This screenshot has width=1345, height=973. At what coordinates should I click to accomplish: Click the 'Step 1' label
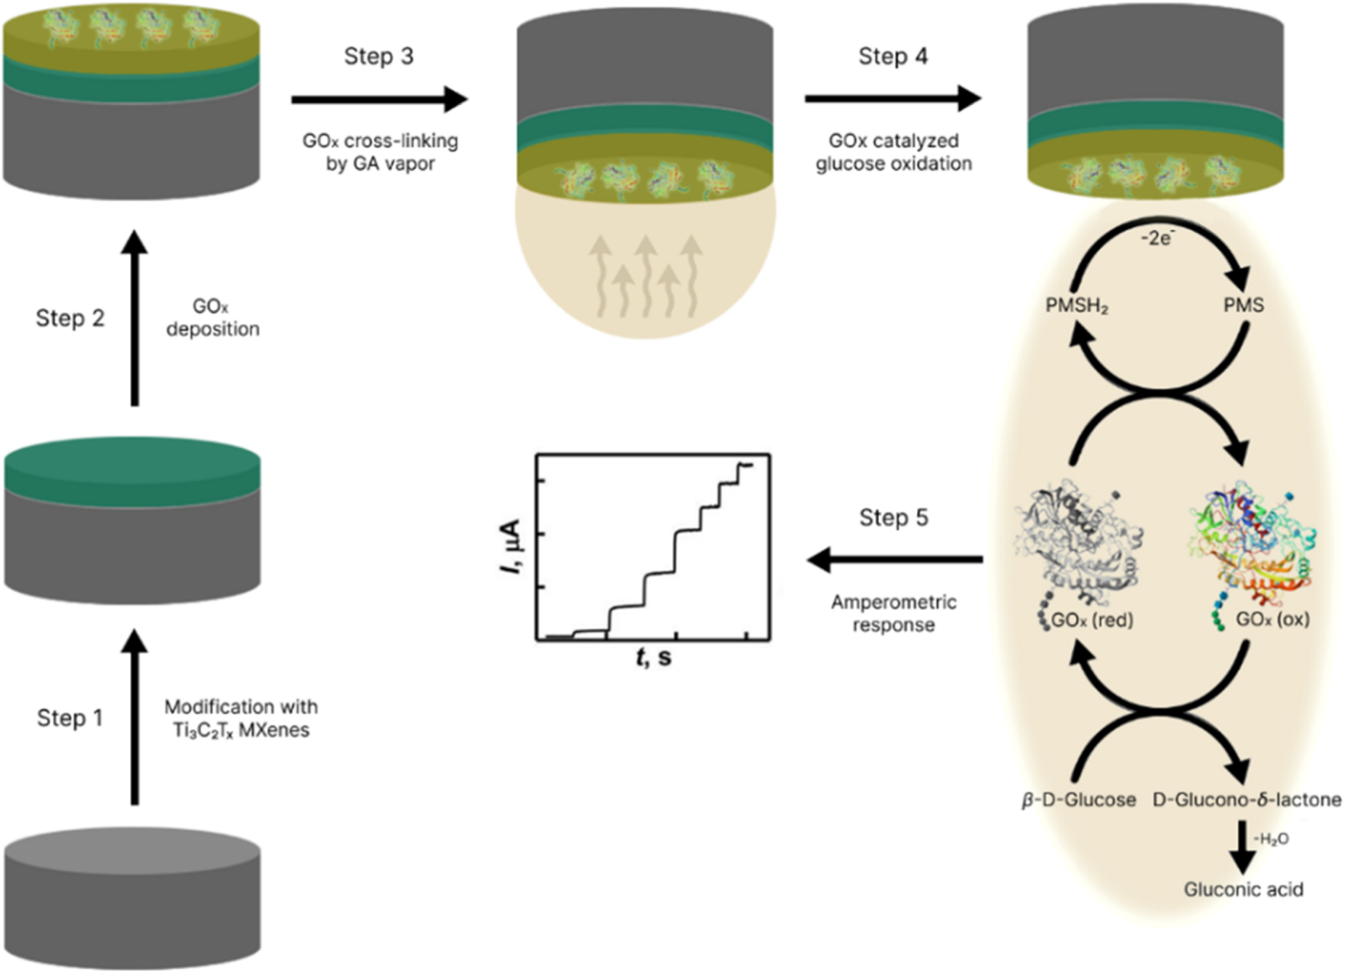tap(70, 718)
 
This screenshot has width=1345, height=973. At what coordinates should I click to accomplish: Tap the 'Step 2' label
tap(70, 318)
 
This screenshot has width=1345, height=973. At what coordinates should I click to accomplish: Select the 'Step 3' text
tap(379, 57)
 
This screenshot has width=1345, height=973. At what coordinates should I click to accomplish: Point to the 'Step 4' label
tap(893, 57)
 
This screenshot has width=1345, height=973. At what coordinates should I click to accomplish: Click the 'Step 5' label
tap(893, 518)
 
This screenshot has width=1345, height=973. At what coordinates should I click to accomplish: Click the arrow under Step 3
tap(379, 100)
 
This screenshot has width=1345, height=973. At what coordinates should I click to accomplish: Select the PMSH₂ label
tap(1076, 306)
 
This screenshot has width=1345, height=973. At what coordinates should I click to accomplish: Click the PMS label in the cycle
tap(1243, 306)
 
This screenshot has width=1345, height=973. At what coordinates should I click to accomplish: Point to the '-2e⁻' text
tap(1158, 238)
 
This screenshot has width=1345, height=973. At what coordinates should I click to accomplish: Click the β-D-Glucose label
tap(1078, 800)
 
